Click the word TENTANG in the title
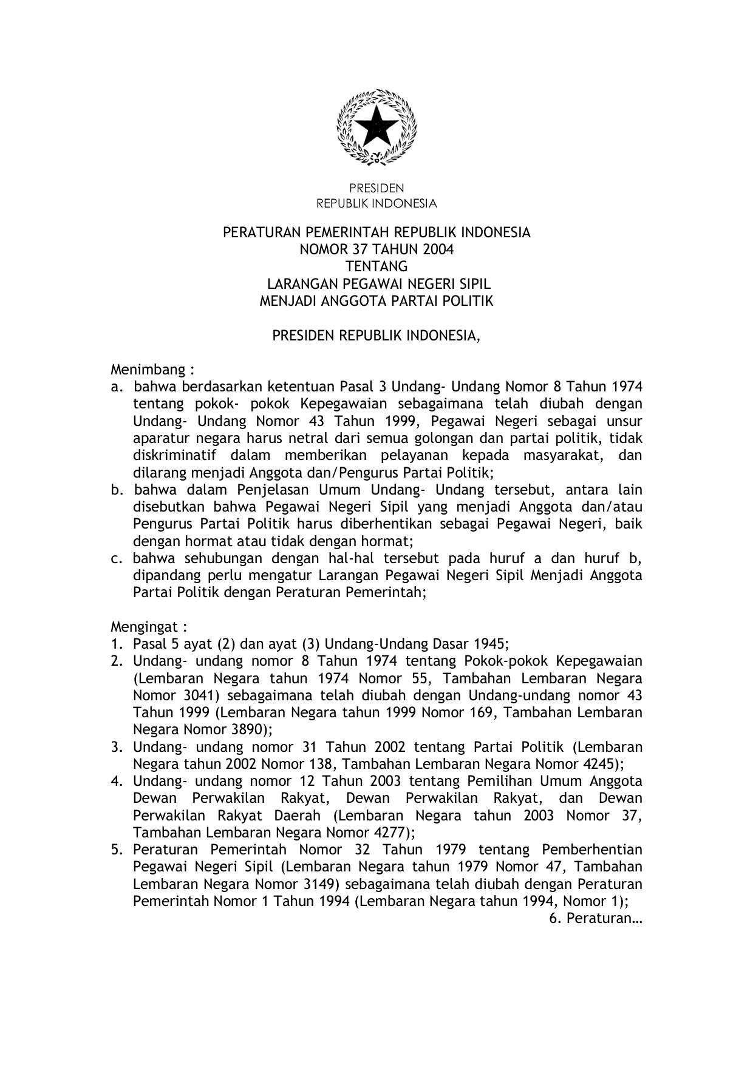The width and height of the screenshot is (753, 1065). pyautogui.click(x=376, y=266)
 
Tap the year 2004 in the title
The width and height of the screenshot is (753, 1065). pyautogui.click(x=438, y=249)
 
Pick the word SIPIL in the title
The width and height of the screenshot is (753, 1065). pyautogui.click(x=472, y=284)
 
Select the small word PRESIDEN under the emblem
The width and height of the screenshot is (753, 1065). pyautogui.click(x=376, y=189)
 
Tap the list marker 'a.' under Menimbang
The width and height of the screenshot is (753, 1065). pyautogui.click(x=117, y=387)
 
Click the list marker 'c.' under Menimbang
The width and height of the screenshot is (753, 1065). pyautogui.click(x=116, y=558)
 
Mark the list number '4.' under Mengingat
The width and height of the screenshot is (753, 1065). pyautogui.click(x=117, y=781)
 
